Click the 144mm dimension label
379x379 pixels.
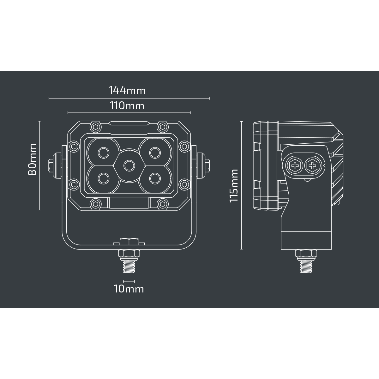127,90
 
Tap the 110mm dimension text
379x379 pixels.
127,105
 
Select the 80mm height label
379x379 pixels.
32,159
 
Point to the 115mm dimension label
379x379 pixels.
234,185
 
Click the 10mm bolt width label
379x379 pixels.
129,289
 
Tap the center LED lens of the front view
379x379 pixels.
129,165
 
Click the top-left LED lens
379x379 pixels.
104,153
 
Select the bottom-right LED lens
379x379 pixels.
155,178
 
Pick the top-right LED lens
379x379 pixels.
155,153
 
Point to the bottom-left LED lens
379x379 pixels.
104,178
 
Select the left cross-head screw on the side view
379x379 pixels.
295,165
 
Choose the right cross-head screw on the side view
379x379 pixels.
312,165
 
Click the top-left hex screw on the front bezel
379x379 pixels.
96,127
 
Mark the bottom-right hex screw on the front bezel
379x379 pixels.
162,204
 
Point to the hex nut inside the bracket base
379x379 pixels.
129,242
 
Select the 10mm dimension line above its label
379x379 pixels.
129,281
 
